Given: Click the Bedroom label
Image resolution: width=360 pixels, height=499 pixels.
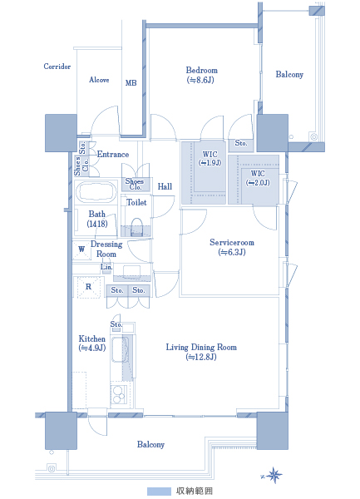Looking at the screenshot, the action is [201, 75].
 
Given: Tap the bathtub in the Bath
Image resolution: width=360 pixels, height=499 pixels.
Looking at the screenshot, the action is [96, 191].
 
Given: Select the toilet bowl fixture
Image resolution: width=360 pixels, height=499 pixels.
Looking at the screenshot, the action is [136, 226].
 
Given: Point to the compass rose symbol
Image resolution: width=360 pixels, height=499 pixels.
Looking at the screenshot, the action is [273, 476].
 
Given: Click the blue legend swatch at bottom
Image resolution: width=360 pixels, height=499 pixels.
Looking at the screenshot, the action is [159, 491].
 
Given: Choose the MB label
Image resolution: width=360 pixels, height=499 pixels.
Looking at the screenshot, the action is [131, 83].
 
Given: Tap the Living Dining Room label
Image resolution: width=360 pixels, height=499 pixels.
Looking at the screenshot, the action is [201, 352].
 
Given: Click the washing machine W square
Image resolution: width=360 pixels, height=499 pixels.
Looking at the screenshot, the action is [81, 249].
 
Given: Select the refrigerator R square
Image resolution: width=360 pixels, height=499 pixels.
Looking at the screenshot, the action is [88, 287].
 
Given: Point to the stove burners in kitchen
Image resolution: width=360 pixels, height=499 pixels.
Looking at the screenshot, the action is [119, 394].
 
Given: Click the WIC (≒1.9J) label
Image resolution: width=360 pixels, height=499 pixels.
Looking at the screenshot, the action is [210, 158].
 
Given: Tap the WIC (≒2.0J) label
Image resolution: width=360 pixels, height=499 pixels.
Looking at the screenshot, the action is [258, 178].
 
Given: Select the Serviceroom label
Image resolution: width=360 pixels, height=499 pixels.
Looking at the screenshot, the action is [232, 247].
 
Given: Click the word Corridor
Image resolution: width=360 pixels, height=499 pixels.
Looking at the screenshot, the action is [57, 67].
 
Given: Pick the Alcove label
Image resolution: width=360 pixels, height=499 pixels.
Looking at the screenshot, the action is [99, 80].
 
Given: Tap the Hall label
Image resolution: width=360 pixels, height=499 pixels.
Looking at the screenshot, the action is [165, 186].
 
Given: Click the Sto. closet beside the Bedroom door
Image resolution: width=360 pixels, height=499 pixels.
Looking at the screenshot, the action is [241, 144].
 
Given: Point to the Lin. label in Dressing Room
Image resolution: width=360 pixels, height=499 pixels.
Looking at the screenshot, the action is [106, 267].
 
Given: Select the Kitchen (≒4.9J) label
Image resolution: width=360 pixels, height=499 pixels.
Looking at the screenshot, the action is [92, 343].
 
